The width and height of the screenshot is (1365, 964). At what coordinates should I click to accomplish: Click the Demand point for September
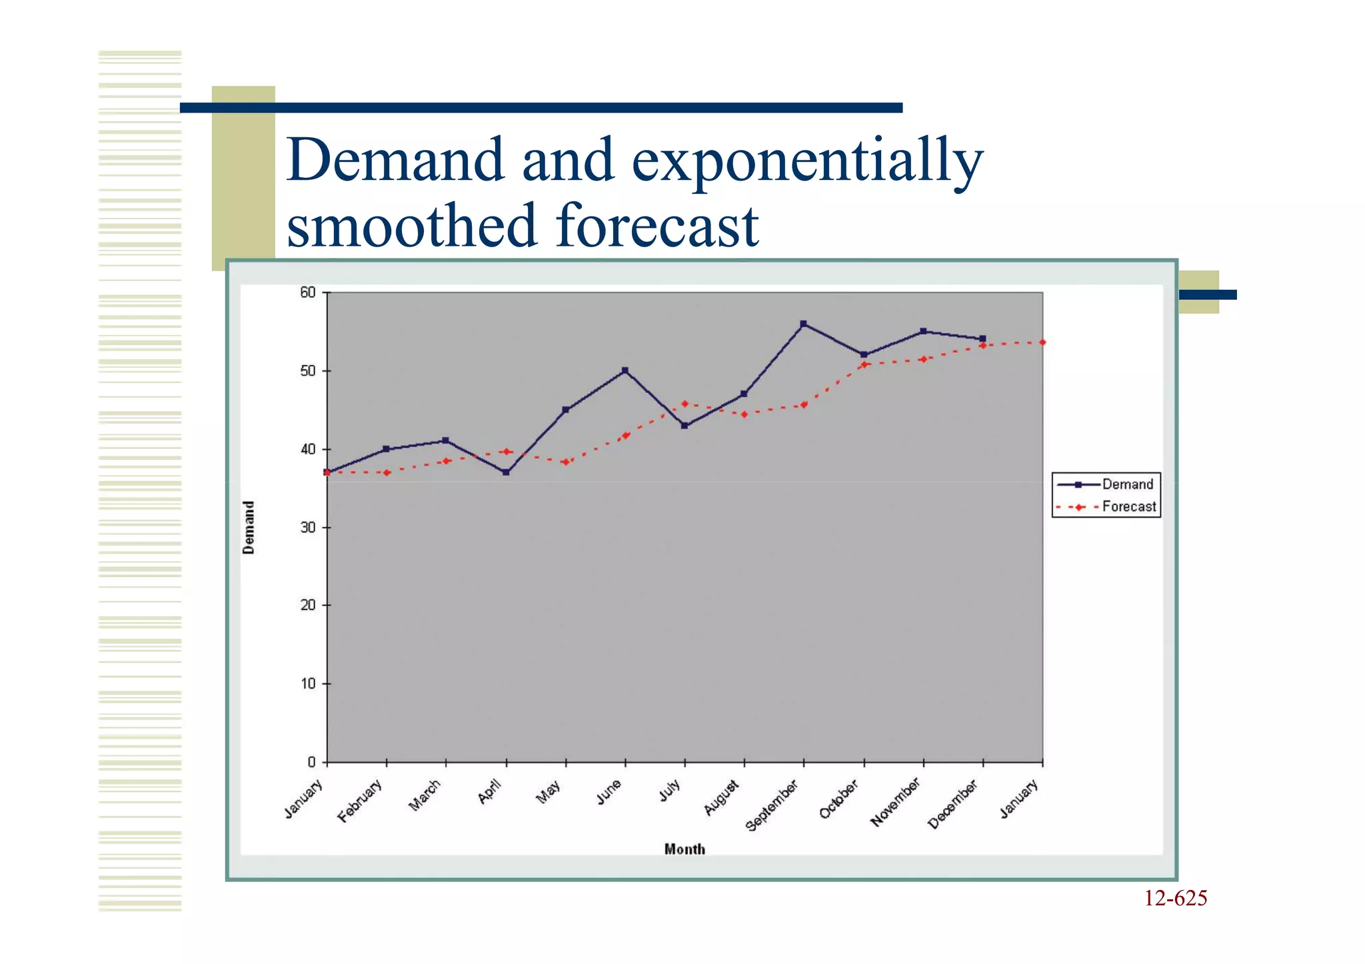[x=804, y=324]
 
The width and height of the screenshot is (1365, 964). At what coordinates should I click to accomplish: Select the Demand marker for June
[x=625, y=370]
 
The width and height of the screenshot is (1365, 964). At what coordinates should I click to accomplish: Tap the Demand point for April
[x=507, y=472]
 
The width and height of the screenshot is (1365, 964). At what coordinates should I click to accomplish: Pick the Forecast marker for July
[x=685, y=404]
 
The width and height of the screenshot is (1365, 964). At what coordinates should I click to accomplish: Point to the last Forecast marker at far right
[x=1042, y=342]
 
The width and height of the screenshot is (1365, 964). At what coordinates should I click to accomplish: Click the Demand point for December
[x=983, y=339]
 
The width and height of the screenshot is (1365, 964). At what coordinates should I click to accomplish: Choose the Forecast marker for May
[x=566, y=462]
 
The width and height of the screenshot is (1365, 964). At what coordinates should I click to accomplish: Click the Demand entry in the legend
[x=1126, y=484]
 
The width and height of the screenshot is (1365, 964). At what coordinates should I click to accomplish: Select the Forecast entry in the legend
[x=1128, y=507]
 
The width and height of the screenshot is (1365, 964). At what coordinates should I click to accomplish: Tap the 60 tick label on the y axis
[x=307, y=292]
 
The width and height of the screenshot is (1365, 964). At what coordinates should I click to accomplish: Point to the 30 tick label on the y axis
[x=307, y=528]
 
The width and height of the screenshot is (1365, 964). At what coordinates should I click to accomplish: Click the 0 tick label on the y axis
[x=311, y=762]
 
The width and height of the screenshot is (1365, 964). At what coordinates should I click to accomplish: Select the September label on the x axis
[x=772, y=806]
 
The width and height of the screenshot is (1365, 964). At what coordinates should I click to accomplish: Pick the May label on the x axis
[x=549, y=793]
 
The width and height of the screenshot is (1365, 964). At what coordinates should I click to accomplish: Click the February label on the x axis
[x=361, y=801]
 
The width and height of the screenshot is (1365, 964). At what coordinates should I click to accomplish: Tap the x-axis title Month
[x=684, y=849]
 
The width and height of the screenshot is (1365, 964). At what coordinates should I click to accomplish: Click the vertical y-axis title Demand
[x=249, y=528]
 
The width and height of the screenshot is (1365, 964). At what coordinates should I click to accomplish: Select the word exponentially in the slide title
[x=807, y=162]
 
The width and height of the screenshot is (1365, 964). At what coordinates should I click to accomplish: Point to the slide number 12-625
[x=1176, y=899]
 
